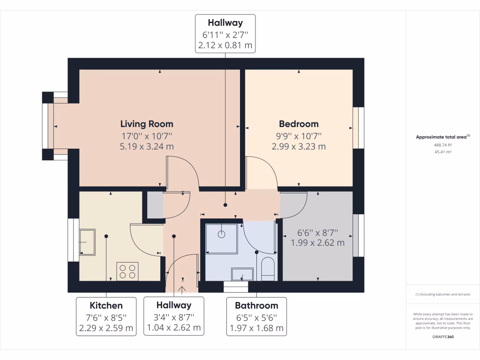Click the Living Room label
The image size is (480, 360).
(147, 124)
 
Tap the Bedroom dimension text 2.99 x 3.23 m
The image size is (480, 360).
(299, 146)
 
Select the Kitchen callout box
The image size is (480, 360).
(106, 316)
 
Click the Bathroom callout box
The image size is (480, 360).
(256, 316)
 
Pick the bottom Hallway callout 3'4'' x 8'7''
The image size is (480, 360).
(174, 316)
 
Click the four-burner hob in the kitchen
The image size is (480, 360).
(127, 270)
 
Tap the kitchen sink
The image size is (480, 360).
(87, 242)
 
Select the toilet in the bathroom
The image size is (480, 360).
(267, 269)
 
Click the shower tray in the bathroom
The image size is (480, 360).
(222, 237)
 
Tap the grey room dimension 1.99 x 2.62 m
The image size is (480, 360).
(317, 243)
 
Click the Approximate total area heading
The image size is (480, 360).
(442, 137)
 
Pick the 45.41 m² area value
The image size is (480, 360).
(442, 152)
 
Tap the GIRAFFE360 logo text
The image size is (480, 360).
(443, 337)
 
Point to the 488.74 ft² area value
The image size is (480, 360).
(442, 145)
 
